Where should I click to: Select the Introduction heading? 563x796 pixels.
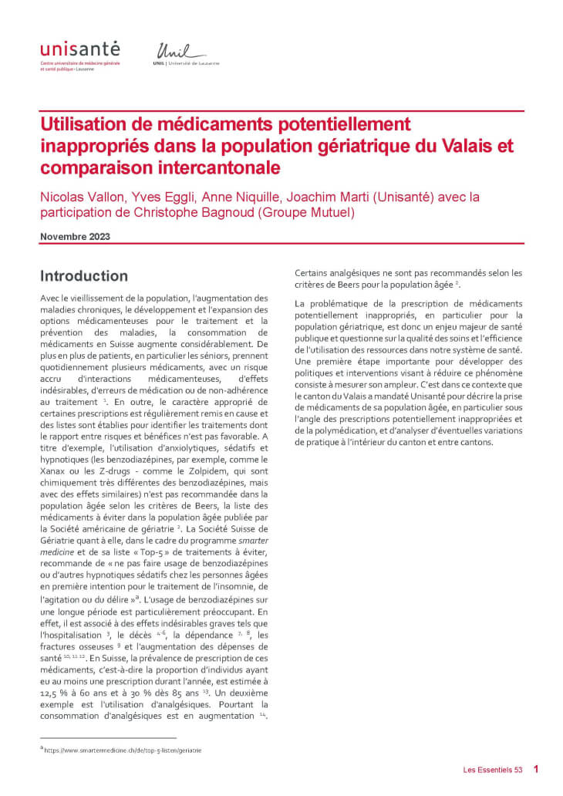(84, 275)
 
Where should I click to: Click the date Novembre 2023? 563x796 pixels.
(75, 236)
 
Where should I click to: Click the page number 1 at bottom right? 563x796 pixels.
(536, 769)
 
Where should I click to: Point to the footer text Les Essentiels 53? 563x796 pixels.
(493, 769)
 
